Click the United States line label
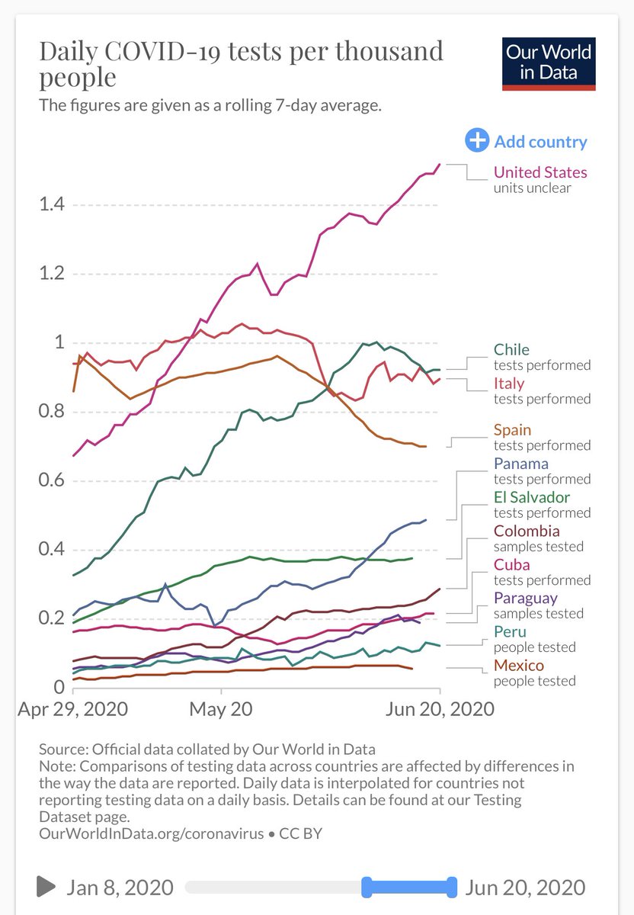pos(540,172)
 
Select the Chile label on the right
pos(511,350)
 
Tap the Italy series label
pos(509,384)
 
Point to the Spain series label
pos(512,430)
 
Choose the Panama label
pos(520,464)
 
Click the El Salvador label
pos(532,497)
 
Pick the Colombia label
pos(527,531)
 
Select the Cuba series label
pos(511,564)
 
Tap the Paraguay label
pos(525,598)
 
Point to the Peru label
pos(510,631)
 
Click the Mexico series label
pos(519,665)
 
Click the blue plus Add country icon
pos(477,141)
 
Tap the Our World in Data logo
pos(549,63)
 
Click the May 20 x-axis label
pos(221,708)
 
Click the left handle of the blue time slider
pos(366,887)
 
